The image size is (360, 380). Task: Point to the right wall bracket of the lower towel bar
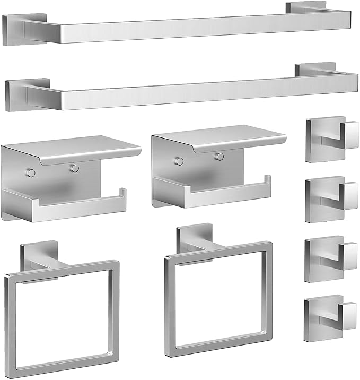tap(316, 69)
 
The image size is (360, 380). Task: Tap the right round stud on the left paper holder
tap(75, 168)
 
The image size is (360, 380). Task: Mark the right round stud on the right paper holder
tap(217, 156)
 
